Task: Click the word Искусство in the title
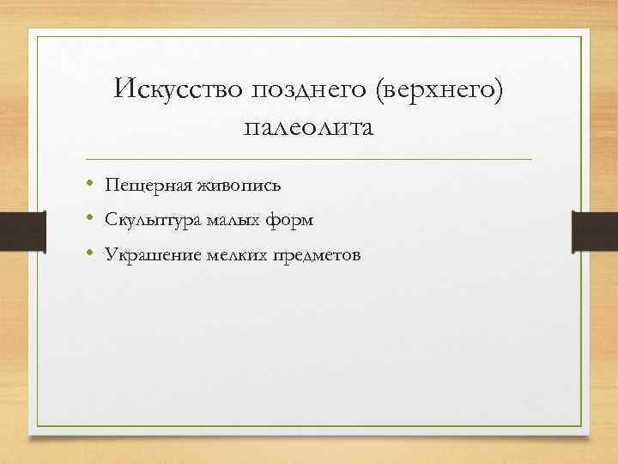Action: click(178, 89)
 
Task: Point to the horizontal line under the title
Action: click(309, 160)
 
